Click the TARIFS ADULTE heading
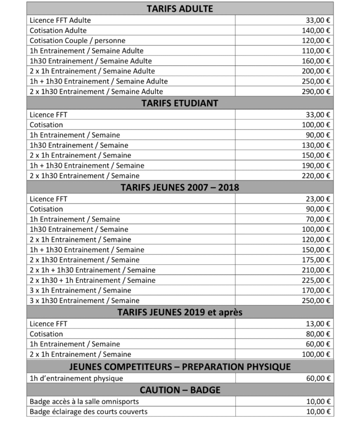180,8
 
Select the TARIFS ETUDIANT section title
180,103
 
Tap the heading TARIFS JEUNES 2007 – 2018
180,188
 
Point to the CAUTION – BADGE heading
180,390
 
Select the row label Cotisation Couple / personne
77,40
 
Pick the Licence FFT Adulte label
60,20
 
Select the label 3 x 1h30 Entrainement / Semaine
85,301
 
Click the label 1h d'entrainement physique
76,378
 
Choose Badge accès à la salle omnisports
84,402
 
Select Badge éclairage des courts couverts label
88,411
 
